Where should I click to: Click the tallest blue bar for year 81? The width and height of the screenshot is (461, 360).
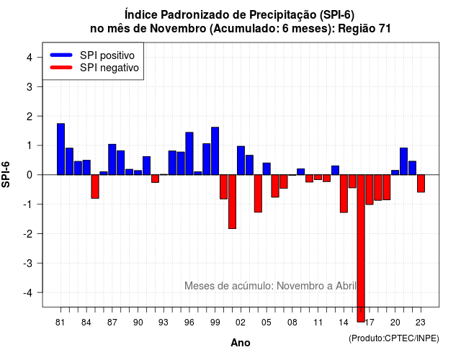coord(61,149)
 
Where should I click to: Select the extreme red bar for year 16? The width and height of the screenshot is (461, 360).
coord(361,248)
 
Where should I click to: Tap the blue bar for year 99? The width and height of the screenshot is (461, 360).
coord(215,150)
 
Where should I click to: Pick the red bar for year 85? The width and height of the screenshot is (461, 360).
coord(95,186)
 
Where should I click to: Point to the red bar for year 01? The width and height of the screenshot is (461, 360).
coord(232,202)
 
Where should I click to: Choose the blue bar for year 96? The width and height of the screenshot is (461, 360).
coord(189,153)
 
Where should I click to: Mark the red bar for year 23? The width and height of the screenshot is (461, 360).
coord(421,184)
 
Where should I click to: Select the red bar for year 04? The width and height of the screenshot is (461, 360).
coord(258,194)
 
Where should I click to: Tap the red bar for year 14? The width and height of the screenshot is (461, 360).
coord(344,194)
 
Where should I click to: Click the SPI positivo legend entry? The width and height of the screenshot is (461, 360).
coord(92,55)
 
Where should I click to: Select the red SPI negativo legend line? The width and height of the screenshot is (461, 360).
coord(61,67)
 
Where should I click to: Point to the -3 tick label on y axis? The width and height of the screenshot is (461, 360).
coord(29,263)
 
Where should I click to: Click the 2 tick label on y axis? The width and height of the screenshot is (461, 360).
coord(30,117)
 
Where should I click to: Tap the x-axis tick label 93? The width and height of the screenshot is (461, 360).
coord(164,323)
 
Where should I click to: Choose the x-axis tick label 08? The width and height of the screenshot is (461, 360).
coord(292,323)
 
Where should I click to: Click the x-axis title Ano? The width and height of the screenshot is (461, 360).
coord(241,343)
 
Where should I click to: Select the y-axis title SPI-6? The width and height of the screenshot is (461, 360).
coord(6,174)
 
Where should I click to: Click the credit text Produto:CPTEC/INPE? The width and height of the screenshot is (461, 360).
coord(394,338)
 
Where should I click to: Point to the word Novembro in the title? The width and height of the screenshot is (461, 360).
coord(178,29)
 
